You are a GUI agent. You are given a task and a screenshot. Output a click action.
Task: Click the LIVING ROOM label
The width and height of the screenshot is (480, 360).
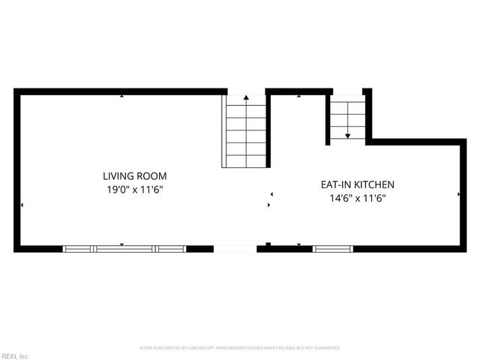[134, 176]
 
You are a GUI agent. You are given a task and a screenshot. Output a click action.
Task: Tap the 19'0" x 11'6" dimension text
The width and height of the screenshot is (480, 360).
[134, 190]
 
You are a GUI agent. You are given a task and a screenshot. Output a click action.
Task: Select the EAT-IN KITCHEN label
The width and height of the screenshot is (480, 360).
[357, 184]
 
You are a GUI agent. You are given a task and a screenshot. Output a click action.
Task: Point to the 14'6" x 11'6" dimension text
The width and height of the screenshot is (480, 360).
[357, 198]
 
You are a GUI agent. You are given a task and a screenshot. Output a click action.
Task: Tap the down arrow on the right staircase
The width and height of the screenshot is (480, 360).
[347, 135]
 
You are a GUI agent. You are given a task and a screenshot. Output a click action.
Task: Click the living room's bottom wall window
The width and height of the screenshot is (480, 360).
[124, 248]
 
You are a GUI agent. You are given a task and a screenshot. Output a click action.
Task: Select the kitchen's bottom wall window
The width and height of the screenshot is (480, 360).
[332, 248]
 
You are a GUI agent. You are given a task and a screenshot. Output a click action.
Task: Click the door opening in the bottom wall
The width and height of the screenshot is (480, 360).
[235, 248]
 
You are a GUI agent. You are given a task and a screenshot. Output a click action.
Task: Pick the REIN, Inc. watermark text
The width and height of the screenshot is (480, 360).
[14, 355]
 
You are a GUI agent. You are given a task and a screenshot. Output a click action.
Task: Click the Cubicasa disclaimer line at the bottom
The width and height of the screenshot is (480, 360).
[240, 348]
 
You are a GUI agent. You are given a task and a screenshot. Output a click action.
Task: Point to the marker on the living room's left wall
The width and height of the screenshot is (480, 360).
[22, 205]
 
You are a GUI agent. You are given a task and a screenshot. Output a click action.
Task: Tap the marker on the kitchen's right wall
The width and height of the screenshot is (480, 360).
[458, 194]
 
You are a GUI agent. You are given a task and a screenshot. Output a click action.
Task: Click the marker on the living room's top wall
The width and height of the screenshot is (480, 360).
[121, 96]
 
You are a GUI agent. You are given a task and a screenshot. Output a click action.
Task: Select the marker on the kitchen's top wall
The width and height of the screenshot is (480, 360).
[298, 96]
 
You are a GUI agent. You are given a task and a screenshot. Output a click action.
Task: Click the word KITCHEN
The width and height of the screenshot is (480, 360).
[374, 184]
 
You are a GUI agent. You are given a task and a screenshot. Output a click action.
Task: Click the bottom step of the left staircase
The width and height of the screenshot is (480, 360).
[245, 160]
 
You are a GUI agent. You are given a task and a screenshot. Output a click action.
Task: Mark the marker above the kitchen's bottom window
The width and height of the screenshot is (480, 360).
[298, 244]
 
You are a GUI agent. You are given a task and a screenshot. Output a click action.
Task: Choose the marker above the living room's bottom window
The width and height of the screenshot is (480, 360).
[121, 244]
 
